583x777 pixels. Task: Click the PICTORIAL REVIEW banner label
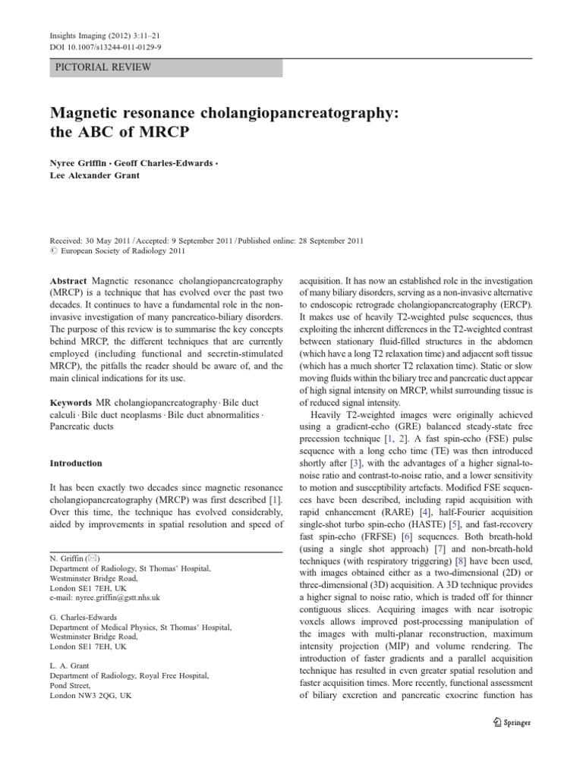click(103, 68)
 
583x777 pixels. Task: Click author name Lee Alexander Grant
click(97, 177)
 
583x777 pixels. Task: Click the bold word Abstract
click(68, 281)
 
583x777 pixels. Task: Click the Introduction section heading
click(76, 463)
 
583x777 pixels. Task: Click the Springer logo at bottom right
click(511, 722)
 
